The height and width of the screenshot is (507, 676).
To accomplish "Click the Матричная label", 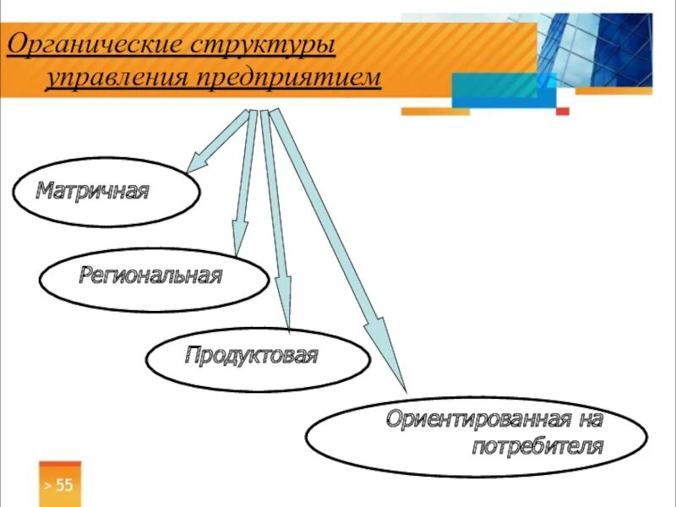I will (92, 190).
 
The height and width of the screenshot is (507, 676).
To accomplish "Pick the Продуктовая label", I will (251, 355).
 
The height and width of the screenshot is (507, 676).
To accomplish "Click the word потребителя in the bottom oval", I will (537, 446).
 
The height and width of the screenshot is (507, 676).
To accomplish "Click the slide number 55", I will (64, 485).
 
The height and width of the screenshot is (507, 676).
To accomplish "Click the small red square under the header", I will (563, 111).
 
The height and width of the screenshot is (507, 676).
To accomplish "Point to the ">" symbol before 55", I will (47, 485).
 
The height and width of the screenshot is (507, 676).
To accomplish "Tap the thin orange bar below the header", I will (434, 111).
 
